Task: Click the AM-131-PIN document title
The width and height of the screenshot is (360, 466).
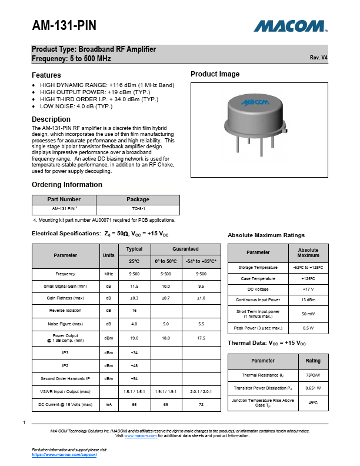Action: (64, 26)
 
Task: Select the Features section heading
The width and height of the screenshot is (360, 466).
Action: (46, 75)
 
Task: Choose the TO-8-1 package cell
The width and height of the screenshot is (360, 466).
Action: (138, 209)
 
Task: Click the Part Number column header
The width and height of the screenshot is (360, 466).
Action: (64, 199)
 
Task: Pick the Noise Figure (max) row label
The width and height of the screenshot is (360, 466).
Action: (65, 324)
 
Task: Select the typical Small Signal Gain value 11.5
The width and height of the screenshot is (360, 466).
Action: (134, 286)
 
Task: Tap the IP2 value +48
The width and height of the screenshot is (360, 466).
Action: (134, 365)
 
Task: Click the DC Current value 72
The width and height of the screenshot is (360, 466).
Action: (202, 405)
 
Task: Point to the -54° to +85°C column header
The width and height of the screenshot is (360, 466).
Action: (202, 261)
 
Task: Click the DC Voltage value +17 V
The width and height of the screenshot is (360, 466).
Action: (308, 289)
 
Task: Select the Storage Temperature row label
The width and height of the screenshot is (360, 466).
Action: (258, 267)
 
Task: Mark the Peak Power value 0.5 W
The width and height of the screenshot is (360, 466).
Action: (308, 328)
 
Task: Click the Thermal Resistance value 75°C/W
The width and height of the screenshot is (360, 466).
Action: (312, 375)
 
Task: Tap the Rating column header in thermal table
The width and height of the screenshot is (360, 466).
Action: (313, 360)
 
